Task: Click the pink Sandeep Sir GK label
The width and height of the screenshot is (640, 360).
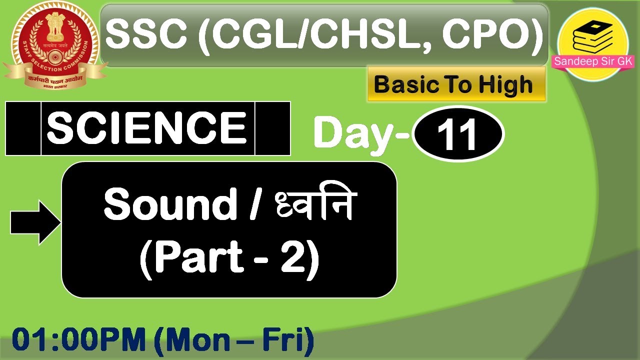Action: (593, 62)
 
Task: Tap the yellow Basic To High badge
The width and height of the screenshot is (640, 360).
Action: (455, 85)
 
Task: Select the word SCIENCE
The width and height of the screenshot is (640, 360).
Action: (147, 128)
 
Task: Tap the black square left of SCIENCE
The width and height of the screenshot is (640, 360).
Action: (23, 128)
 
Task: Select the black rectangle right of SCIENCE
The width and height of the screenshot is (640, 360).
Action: (272, 128)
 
